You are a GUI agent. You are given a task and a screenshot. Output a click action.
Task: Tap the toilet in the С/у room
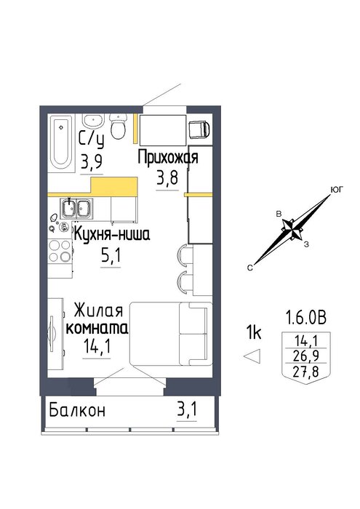118,127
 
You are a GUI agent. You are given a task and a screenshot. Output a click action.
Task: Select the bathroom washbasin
94,121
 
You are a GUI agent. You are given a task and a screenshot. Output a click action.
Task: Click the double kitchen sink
76,208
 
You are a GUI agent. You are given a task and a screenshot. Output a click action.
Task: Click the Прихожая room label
168,158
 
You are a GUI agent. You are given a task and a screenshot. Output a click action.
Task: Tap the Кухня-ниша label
112,234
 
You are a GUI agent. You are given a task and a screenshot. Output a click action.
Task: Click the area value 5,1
111,256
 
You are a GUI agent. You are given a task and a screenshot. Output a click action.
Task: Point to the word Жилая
98,310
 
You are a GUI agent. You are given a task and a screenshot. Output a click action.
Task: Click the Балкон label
77,410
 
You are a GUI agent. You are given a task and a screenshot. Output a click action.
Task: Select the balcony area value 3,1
187,409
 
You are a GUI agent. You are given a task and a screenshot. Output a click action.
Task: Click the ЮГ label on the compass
337,190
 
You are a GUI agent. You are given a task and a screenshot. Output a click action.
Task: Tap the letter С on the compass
249,268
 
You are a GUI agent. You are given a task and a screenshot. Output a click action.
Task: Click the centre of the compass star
293,230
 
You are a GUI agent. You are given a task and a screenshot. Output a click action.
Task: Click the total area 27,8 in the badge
305,372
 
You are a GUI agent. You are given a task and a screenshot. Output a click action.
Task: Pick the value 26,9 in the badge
305,356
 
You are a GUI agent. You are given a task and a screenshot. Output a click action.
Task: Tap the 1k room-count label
254,332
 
